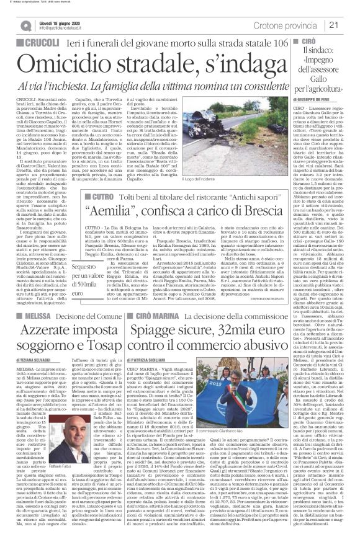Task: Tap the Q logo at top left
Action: [25, 24]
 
